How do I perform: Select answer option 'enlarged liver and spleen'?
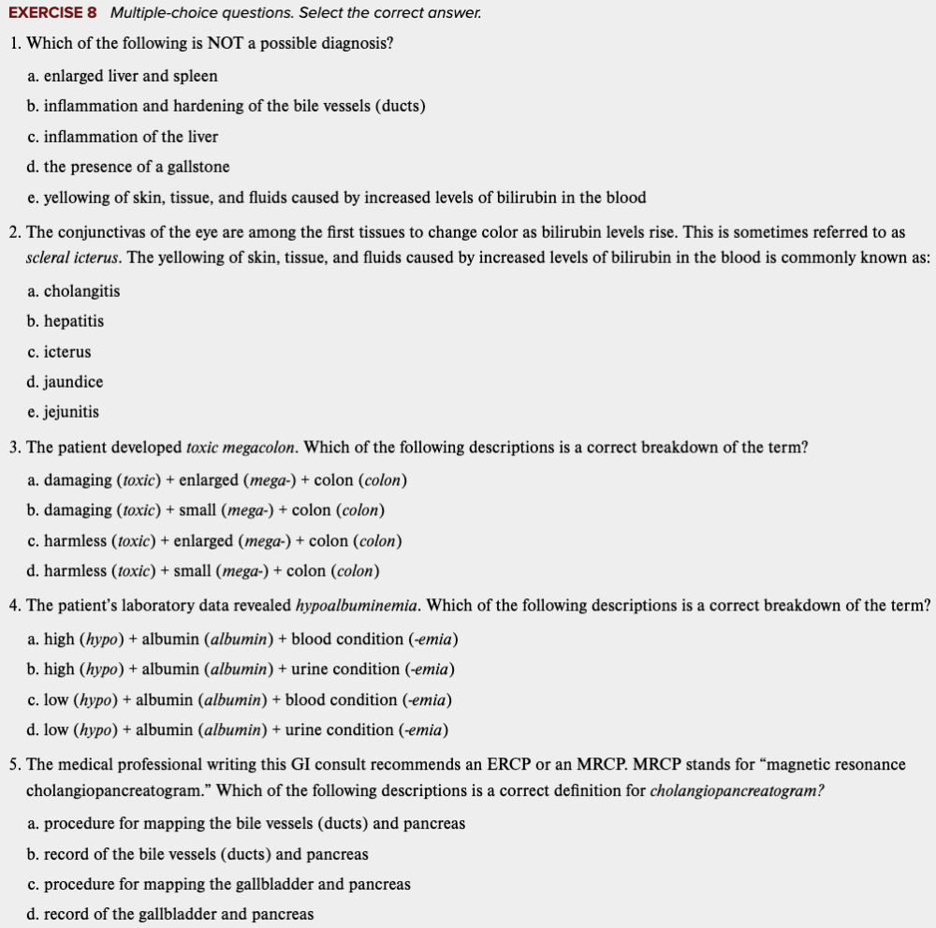tap(130, 76)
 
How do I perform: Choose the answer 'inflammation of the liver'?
tap(130, 137)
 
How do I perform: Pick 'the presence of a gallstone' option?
tap(136, 167)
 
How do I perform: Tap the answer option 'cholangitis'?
tap(81, 291)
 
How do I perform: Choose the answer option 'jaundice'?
tap(73, 382)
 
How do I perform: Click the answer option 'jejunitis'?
tap(71, 412)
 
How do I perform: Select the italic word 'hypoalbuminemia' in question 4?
tap(357, 605)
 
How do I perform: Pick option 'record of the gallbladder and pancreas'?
tap(179, 914)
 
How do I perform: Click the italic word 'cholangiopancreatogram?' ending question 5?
tap(737, 791)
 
